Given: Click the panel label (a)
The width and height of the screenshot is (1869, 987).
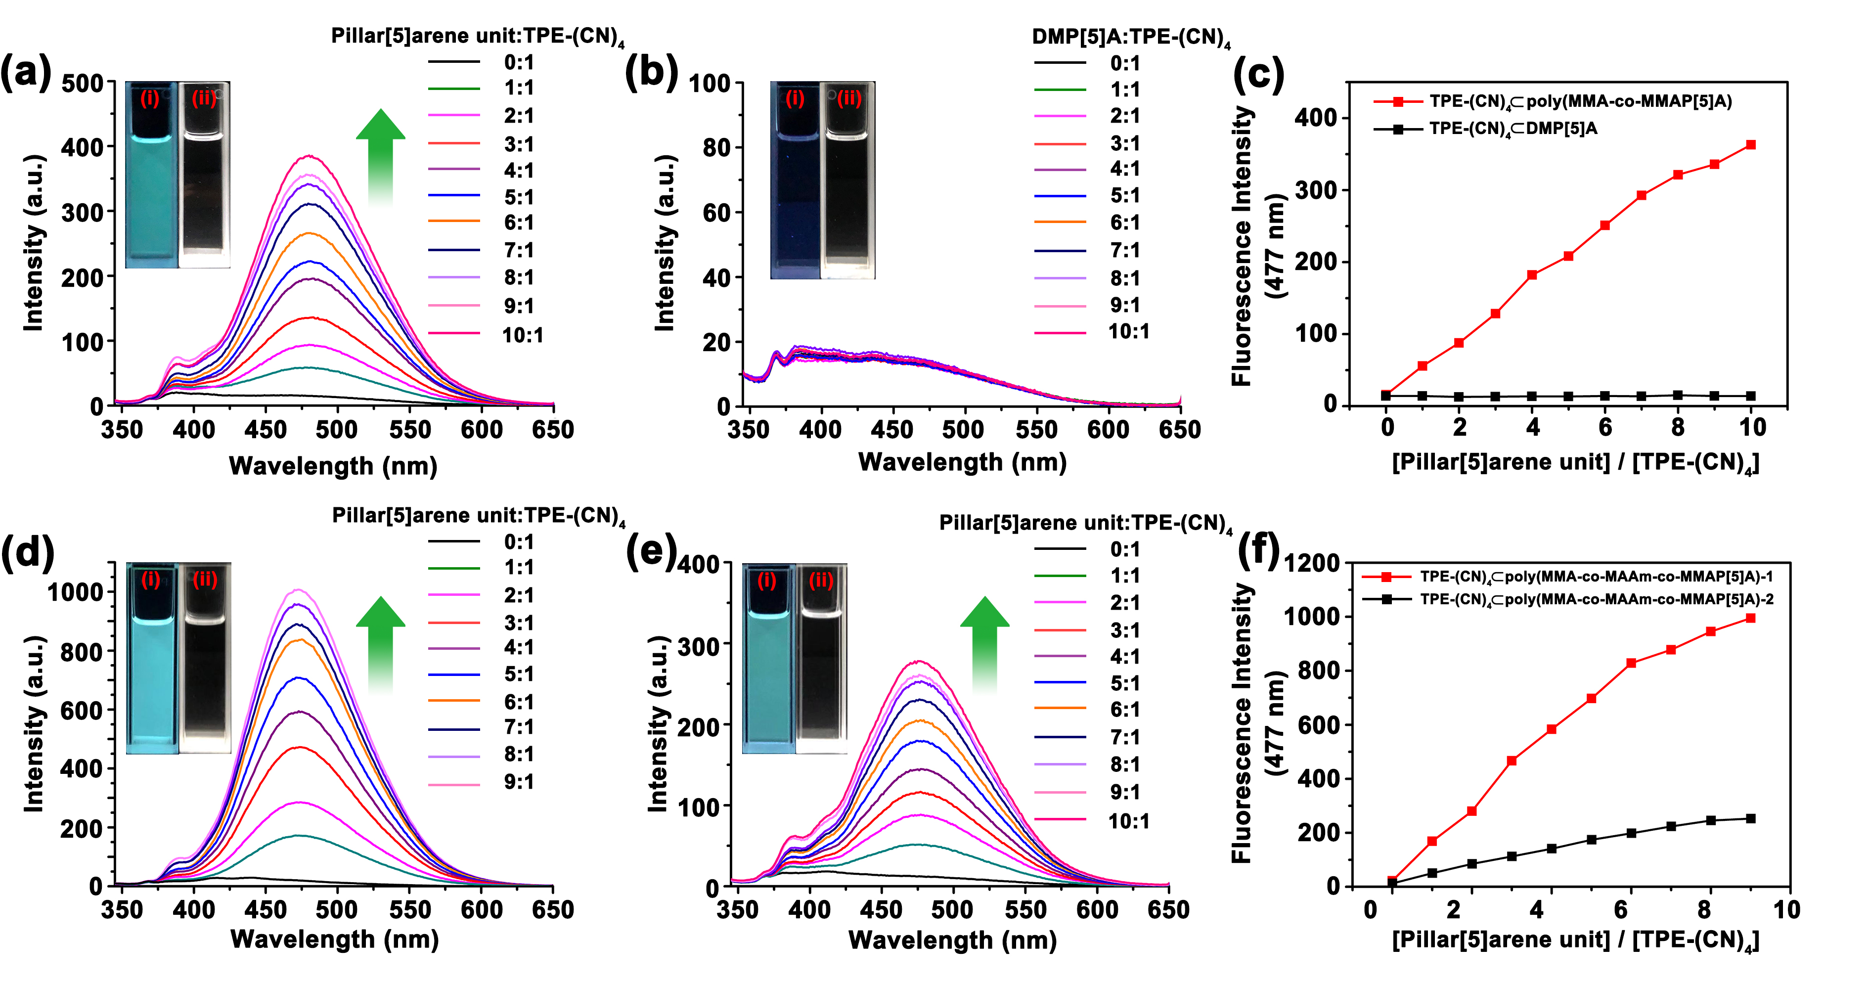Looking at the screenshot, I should pyautogui.click(x=26, y=73).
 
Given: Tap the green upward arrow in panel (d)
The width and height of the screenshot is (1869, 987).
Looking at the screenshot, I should pyautogui.click(x=380, y=642).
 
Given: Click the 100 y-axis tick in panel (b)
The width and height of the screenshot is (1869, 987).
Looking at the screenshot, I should pyautogui.click(x=709, y=84).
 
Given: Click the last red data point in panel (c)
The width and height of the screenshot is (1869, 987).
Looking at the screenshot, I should pyautogui.click(x=1751, y=145).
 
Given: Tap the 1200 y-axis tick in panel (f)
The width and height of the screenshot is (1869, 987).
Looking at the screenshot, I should pyautogui.click(x=1312, y=563).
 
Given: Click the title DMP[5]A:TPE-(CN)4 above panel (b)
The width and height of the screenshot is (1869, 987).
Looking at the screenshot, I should pyautogui.click(x=1130, y=37).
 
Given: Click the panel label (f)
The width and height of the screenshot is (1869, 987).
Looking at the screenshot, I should pyautogui.click(x=1258, y=551).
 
